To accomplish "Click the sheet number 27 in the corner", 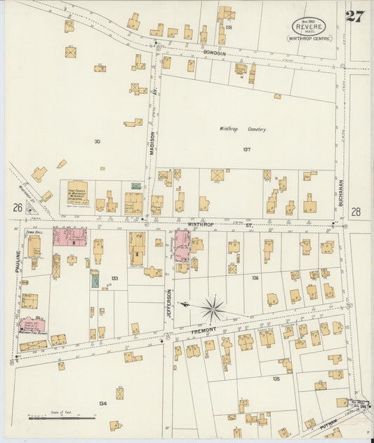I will [x=354, y=16].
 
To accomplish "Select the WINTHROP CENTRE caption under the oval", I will [x=309, y=39].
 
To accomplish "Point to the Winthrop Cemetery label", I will [x=242, y=129].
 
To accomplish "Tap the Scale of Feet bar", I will [x=62, y=418].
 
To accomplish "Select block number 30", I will [x=97, y=142].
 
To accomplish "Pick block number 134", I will [x=103, y=403].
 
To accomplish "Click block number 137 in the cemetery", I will [x=246, y=149].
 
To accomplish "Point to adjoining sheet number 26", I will [x=16, y=207].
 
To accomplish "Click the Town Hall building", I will [x=34, y=247].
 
